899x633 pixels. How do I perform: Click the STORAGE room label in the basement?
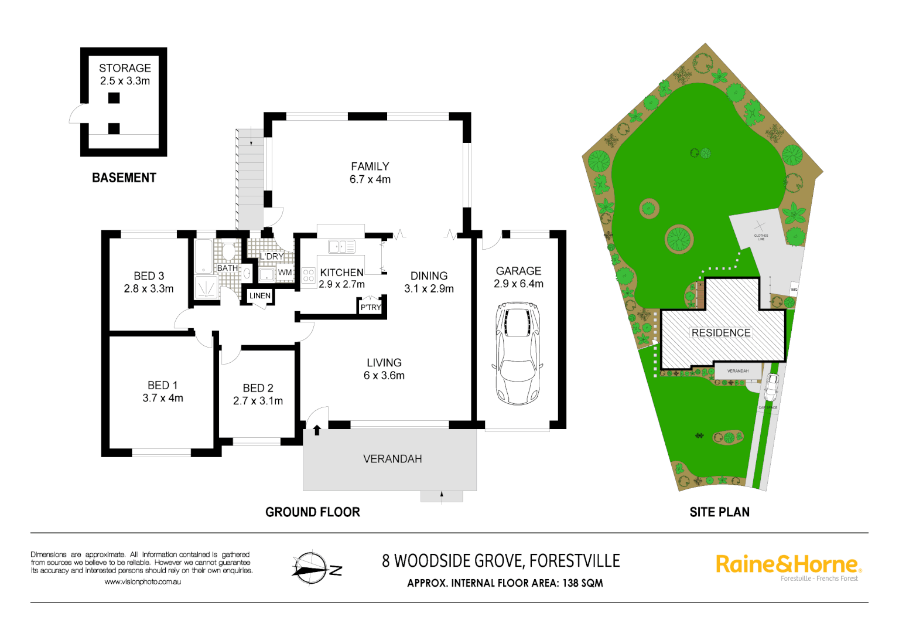point(125,68)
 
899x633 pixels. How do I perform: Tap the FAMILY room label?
point(370,166)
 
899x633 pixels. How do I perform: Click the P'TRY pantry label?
point(371,307)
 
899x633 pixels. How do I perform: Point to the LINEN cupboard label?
point(259,295)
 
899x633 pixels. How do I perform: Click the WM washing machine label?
point(285,272)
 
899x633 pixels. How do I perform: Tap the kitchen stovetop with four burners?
point(309,275)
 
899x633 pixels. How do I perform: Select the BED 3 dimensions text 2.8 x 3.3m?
point(149,288)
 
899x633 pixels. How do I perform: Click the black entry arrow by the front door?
point(317,431)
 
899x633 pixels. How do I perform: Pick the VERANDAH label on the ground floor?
point(392,459)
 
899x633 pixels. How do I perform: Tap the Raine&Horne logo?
point(788,564)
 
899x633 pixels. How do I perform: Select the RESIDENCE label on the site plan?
point(721,332)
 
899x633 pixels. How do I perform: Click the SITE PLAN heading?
point(719,512)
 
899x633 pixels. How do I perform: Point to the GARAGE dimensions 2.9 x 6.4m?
point(518,284)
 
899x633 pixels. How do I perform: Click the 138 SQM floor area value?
point(583,583)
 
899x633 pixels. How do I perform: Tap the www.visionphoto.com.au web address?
point(142,582)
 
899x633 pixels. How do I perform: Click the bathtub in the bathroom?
point(204,256)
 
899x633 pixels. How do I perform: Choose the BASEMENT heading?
point(124,178)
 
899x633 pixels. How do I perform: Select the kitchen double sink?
point(341,247)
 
